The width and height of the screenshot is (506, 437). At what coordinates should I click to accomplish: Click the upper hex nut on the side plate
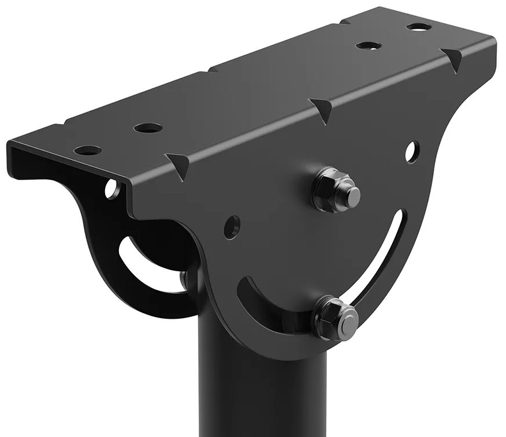pos(334,189)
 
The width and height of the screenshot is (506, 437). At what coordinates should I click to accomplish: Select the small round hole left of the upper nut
pos(232,227)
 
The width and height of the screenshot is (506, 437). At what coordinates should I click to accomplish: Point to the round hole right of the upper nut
pos(412,151)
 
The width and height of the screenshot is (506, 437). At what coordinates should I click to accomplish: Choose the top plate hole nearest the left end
pos(88,150)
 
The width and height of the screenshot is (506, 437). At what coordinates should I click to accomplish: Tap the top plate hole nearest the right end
pos(419,27)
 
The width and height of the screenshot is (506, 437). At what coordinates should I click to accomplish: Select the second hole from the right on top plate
pos(366,44)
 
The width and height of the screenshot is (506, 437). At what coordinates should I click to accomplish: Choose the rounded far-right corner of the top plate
pos(491,40)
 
